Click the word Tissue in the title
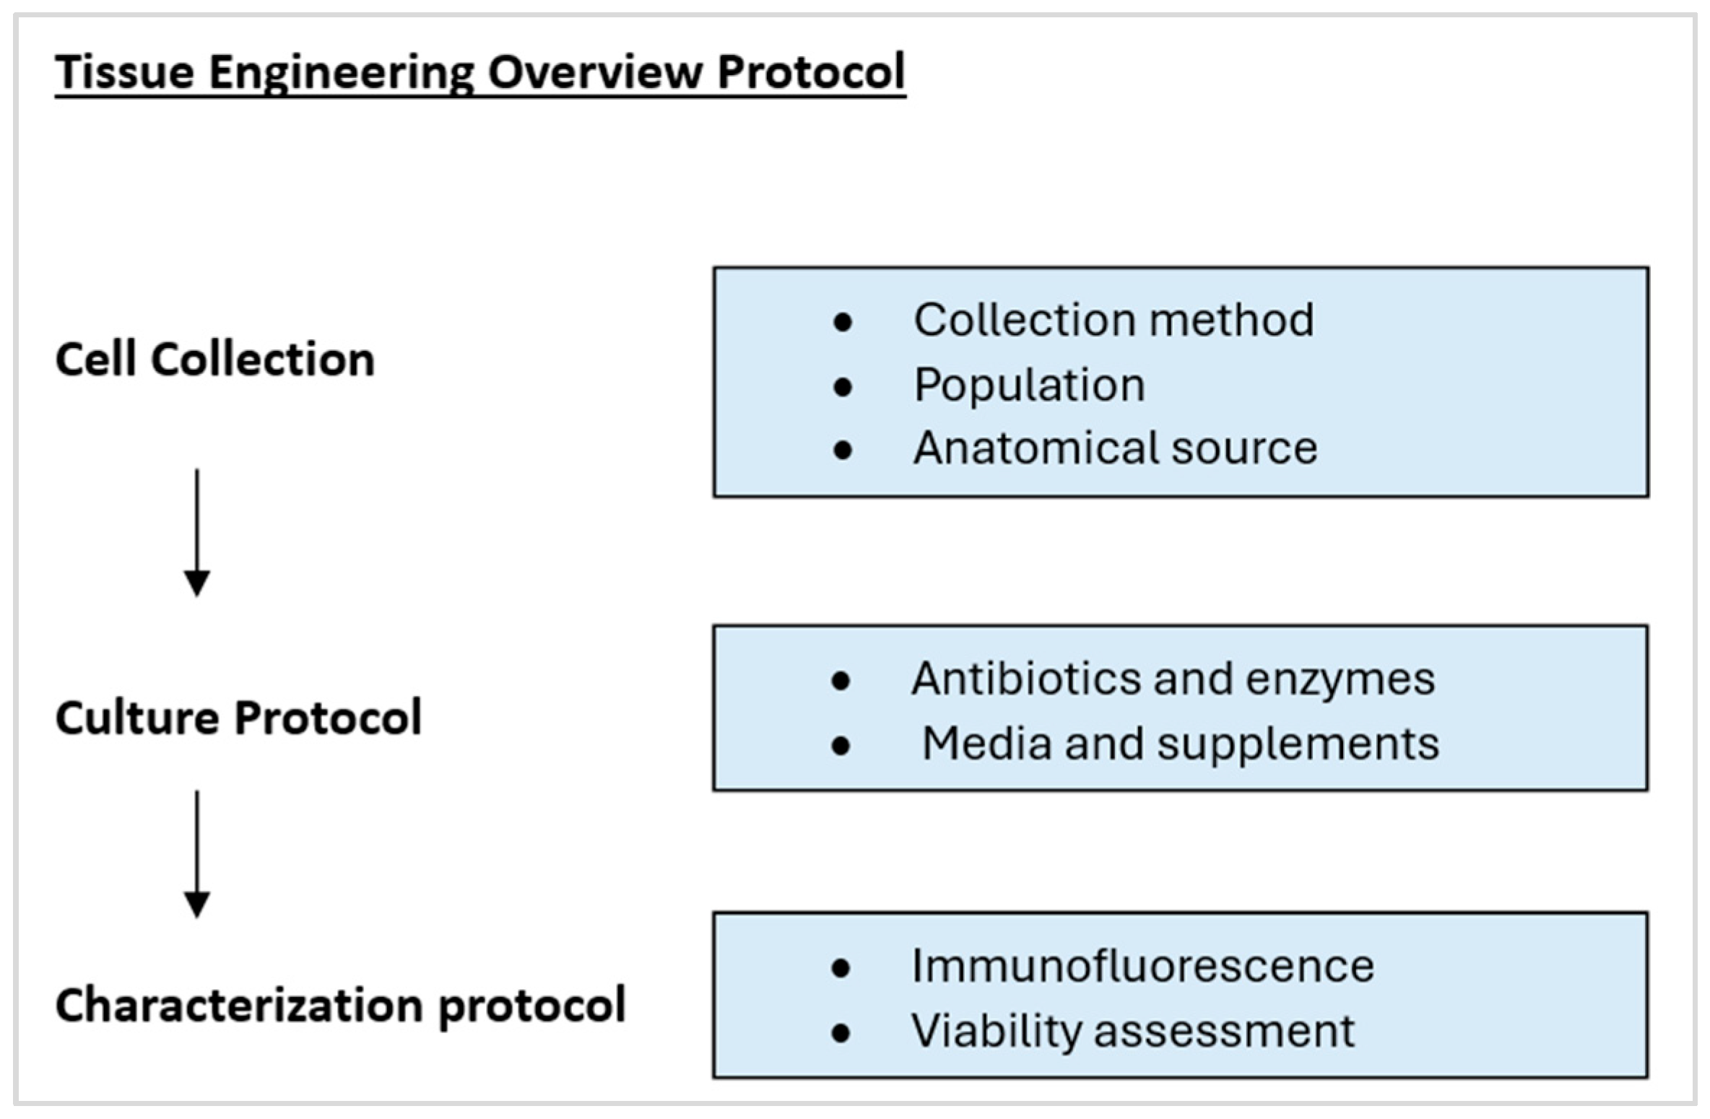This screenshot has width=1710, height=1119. coord(125,72)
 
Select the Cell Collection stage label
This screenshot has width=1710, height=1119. coord(215,360)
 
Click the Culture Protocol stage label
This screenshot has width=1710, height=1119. coord(238,718)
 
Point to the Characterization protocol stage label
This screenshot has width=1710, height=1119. coord(340,1005)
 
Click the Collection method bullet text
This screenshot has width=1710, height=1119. coord(1113,320)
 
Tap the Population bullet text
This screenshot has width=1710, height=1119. coord(1029,385)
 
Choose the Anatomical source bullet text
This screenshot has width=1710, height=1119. coord(1115,448)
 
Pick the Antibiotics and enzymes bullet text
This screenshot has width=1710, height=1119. coord(1173,679)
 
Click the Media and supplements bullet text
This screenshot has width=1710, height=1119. coord(1181,744)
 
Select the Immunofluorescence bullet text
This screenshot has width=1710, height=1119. coord(1142,966)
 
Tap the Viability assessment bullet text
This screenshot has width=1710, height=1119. coord(1132,1030)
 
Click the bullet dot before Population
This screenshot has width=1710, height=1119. coord(842,388)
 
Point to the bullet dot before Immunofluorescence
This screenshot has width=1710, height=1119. coord(841,968)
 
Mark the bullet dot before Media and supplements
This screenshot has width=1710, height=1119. coord(841,746)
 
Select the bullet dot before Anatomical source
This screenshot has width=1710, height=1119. coord(842,450)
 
